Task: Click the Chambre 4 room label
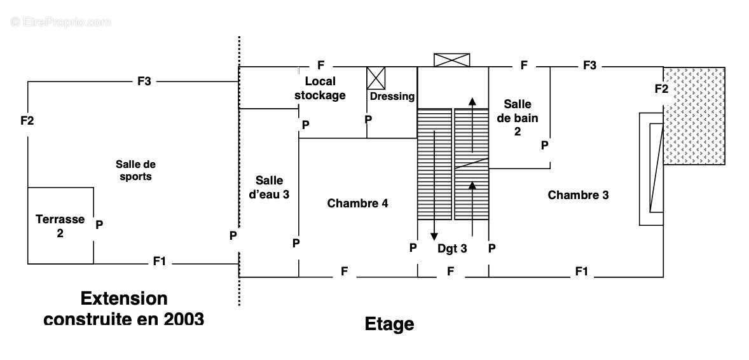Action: pos(357,204)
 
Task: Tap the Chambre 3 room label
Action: pos(578,195)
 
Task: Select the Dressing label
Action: pos(392,96)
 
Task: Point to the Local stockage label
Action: pos(320,88)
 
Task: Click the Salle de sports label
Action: pos(135,170)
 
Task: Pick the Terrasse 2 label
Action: pos(60,226)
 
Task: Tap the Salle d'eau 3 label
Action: pos(270,188)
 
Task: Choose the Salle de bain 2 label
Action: pos(518,118)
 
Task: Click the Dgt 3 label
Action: pos(452,249)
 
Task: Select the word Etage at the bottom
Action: pos(389,324)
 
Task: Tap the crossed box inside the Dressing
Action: pos(376,78)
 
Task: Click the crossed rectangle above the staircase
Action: pos(451,60)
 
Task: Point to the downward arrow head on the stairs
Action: pos(434,236)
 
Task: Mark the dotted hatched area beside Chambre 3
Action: pos(694,116)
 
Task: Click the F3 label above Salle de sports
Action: pos(144,81)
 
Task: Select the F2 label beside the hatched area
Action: pos(662,88)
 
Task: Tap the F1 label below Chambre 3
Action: pos(581,272)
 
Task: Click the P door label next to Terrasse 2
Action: pos(99,225)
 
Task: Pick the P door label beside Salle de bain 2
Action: pos(544,146)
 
